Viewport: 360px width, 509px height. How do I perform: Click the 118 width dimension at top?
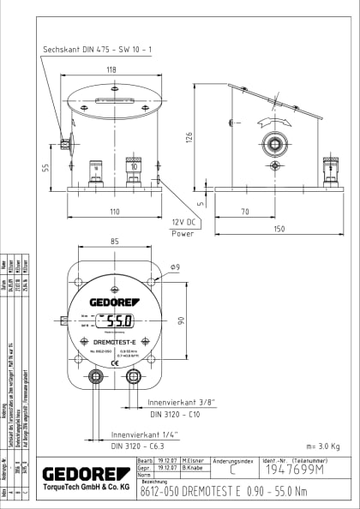click(111, 70)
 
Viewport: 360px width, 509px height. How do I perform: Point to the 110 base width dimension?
click(113, 211)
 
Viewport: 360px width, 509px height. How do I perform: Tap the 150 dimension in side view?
click(279, 229)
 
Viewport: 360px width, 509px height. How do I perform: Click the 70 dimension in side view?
click(245, 211)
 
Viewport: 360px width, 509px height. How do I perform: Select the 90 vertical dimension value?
click(181, 320)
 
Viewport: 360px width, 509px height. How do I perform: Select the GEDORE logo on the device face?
click(115, 302)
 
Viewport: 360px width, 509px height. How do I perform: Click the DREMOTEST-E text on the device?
click(116, 342)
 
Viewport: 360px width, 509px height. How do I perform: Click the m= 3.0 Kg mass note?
click(322, 446)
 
